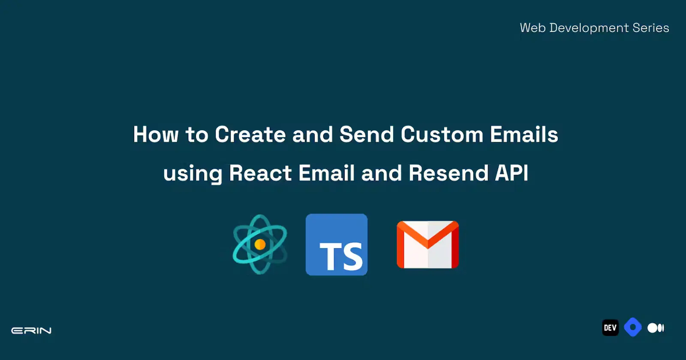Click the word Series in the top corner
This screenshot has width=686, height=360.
(651, 28)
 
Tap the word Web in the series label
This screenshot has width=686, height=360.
(533, 28)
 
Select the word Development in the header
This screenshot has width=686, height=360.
(589, 28)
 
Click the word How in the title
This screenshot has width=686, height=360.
(156, 135)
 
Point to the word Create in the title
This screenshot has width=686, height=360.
(250, 135)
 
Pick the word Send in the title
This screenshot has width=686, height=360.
(367, 135)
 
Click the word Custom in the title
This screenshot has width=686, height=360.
(442, 135)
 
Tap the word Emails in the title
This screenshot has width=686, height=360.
(524, 135)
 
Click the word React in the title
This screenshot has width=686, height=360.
(260, 173)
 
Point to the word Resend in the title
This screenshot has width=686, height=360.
(448, 173)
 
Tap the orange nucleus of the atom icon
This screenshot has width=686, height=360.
(260, 245)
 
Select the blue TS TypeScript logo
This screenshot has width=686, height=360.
(337, 245)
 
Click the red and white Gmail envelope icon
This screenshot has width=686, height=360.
(428, 245)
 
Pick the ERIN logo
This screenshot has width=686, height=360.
(31, 330)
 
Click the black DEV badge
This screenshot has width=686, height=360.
(611, 327)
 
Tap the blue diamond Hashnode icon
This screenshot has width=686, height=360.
(633, 327)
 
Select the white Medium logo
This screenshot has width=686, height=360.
(656, 328)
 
